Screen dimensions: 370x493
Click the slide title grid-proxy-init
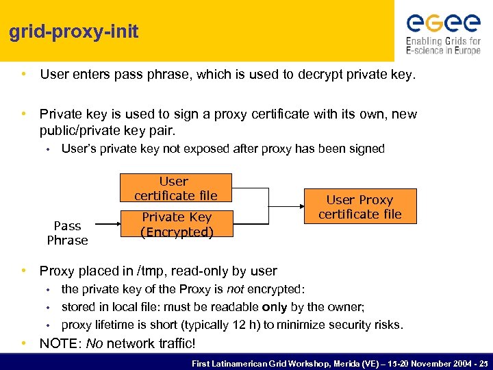74,32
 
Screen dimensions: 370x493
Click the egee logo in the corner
443,23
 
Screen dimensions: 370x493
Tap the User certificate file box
175,188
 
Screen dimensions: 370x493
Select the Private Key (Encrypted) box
177,225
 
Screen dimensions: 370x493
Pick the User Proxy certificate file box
359,207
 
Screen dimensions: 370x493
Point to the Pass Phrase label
67,233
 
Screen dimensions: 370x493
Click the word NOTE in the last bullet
60,343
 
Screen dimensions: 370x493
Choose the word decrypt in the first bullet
322,74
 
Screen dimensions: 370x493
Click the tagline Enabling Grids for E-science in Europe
443,45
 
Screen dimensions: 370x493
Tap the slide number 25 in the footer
483,362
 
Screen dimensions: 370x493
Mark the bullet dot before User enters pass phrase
24,74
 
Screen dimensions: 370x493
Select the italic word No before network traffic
95,343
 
